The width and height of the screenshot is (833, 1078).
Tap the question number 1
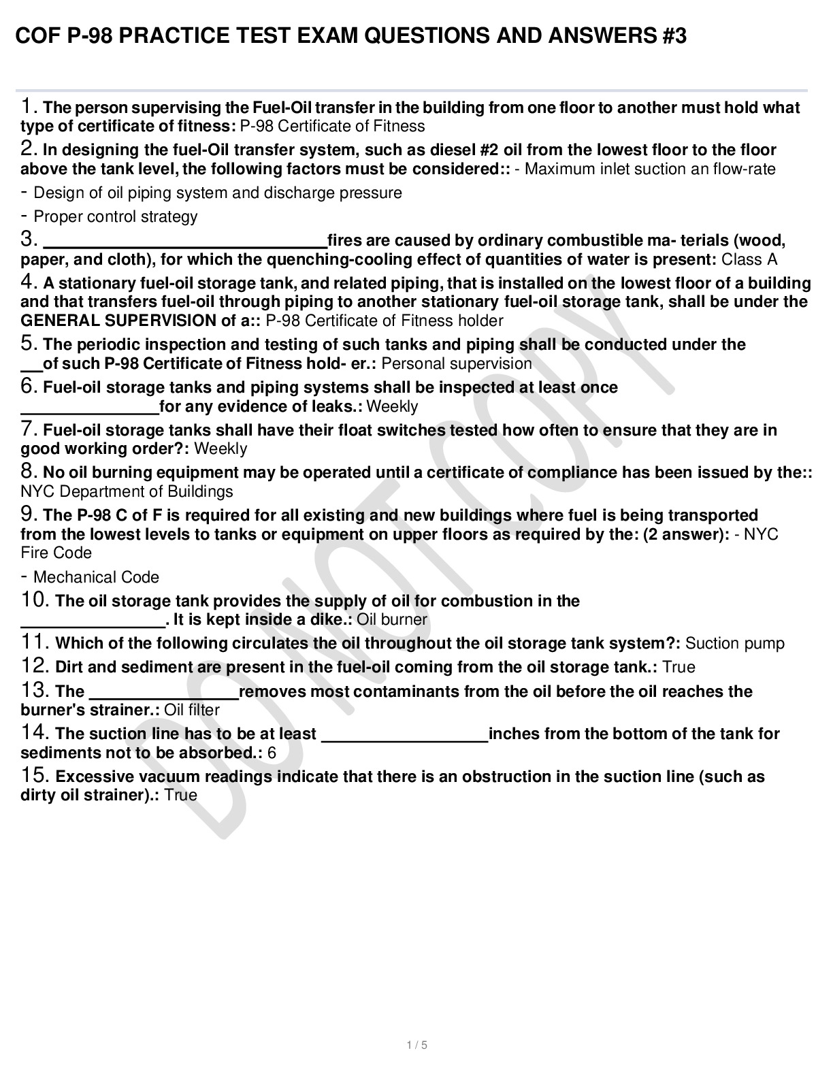[x=27, y=107]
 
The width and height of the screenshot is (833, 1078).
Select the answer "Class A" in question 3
[x=749, y=259]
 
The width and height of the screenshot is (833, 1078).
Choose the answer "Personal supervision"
[x=457, y=363]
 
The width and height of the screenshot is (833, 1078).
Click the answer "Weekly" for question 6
[x=392, y=406]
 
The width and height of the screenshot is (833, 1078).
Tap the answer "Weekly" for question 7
[x=220, y=448]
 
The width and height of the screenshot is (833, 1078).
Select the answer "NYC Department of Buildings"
[x=127, y=491]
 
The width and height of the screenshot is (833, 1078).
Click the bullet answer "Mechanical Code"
[x=96, y=577]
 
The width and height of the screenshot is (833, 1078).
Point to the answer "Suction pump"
[x=734, y=643]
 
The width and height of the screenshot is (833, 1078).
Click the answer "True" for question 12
[x=679, y=667]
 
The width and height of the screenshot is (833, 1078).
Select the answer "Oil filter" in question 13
[x=192, y=710]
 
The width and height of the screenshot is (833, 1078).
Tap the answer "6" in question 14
[x=272, y=753]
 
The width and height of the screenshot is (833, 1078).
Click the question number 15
[x=34, y=775]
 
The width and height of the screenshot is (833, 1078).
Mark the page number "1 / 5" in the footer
[x=416, y=1045]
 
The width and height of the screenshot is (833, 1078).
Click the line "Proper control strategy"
[x=115, y=216]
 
